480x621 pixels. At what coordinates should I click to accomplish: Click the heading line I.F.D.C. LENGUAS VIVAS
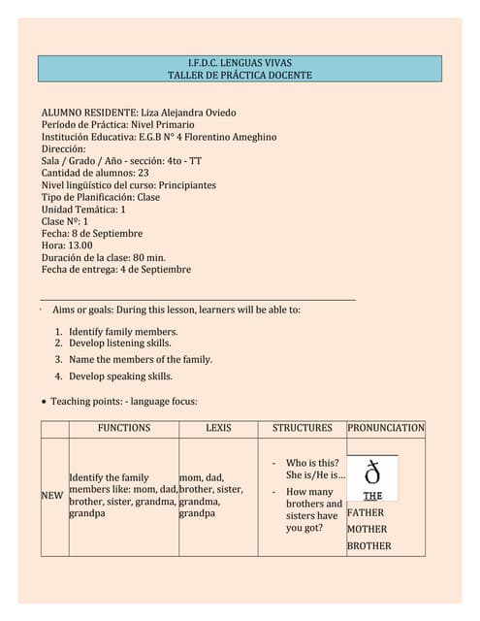[x=240, y=62]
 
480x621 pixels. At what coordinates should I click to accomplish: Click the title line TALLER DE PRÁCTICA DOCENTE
[x=240, y=75]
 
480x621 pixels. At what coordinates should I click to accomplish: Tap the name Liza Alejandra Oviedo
[x=188, y=113]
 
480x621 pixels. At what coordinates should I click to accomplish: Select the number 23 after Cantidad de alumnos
[x=143, y=173]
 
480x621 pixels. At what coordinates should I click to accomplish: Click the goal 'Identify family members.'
[x=123, y=332]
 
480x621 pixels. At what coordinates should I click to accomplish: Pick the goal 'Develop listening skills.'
[x=120, y=343]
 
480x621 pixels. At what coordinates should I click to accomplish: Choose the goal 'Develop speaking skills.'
[x=120, y=376]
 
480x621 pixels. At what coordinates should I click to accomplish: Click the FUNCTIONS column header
[x=124, y=428]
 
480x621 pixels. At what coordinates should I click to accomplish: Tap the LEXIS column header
[x=218, y=428]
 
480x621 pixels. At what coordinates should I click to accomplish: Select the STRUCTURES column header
[x=302, y=428]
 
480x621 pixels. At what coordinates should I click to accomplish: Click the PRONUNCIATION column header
[x=386, y=428]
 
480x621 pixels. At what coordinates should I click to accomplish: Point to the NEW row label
[x=51, y=496]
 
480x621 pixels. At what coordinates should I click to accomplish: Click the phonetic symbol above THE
[x=372, y=474]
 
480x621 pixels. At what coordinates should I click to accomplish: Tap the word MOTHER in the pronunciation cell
[x=367, y=530]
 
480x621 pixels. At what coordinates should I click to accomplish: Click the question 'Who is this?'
[x=312, y=464]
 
